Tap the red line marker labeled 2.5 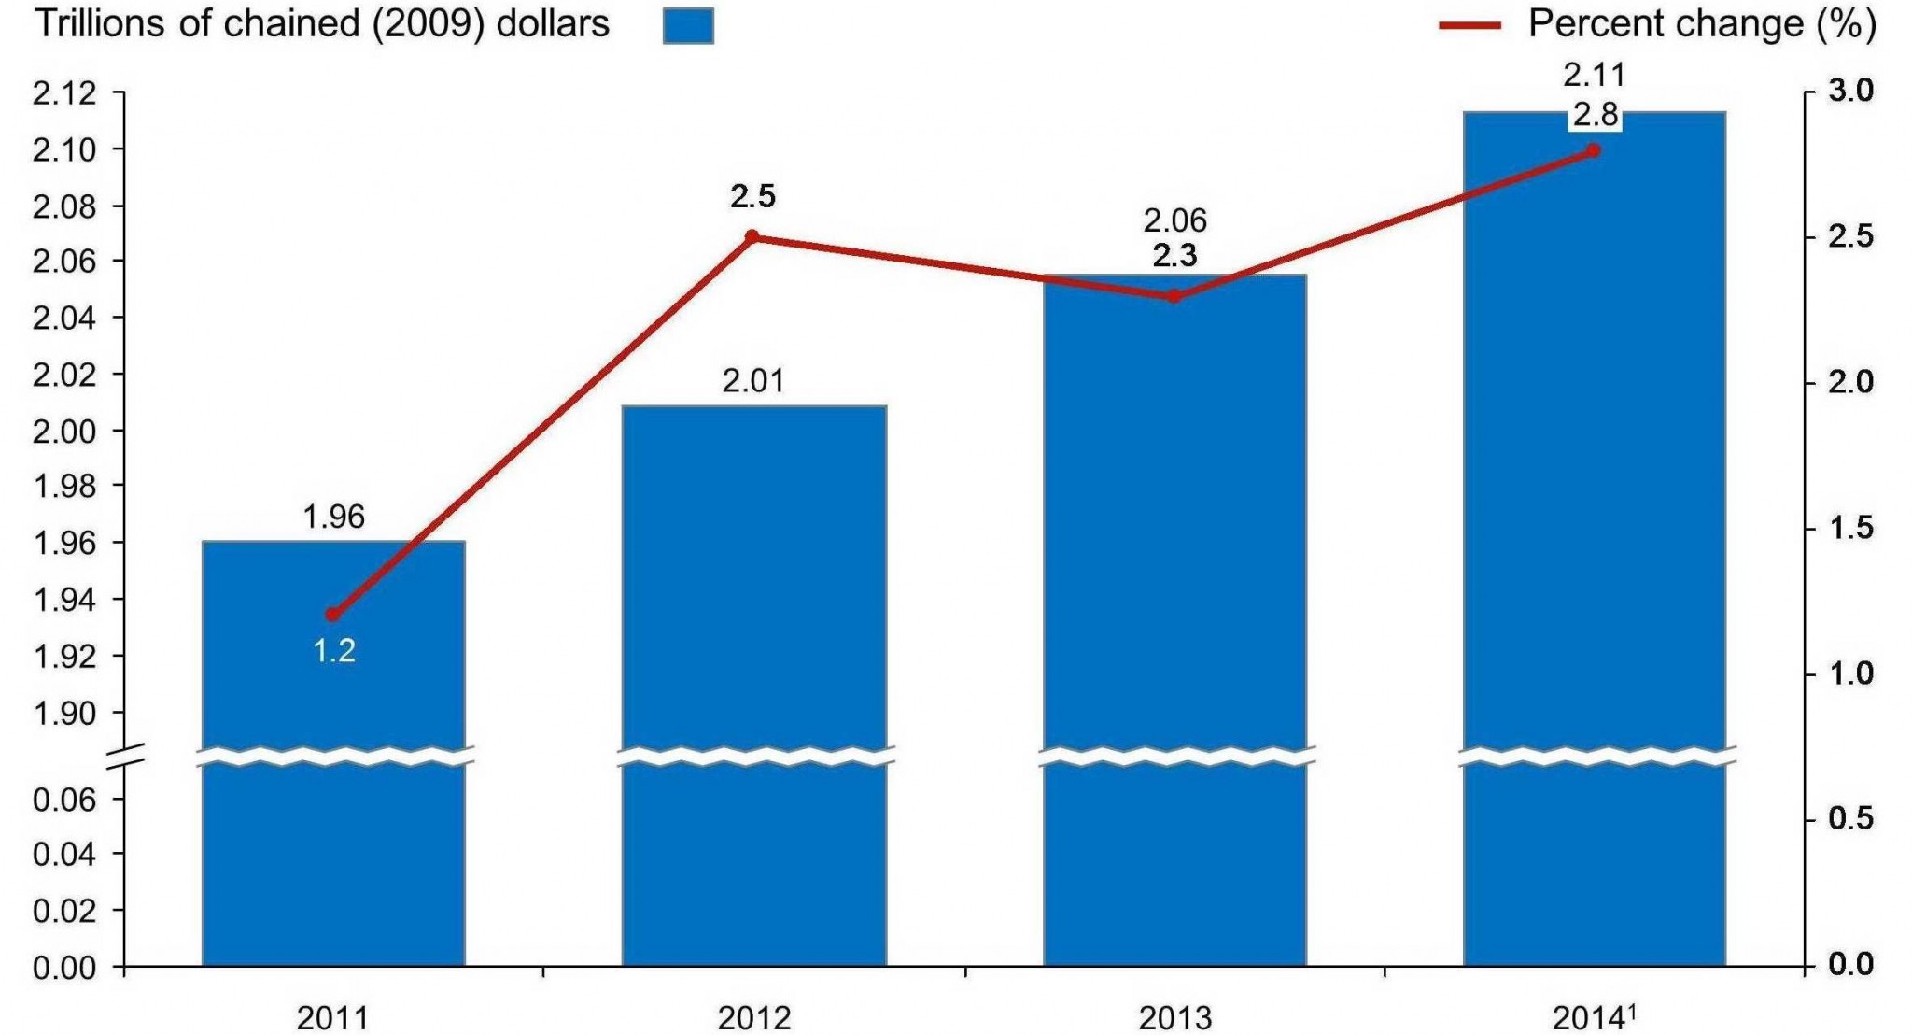pos(752,236)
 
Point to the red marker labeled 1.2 pos(332,614)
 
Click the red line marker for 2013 pos(1174,296)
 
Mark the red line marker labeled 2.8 pos(1595,150)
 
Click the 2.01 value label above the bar pos(753,381)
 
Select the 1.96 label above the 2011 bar pos(333,517)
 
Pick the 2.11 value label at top pos(1595,74)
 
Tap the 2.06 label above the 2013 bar pos(1174,220)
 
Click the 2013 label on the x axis pos(1174,1017)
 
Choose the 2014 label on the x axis pos(1589,1017)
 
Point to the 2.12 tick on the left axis pos(64,93)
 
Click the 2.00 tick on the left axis pos(64,431)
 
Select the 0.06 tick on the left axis pos(64,799)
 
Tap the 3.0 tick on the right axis pos(1850,91)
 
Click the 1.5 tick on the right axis pos(1850,529)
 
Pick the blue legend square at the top pos(688,25)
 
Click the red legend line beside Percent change pos(1469,25)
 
